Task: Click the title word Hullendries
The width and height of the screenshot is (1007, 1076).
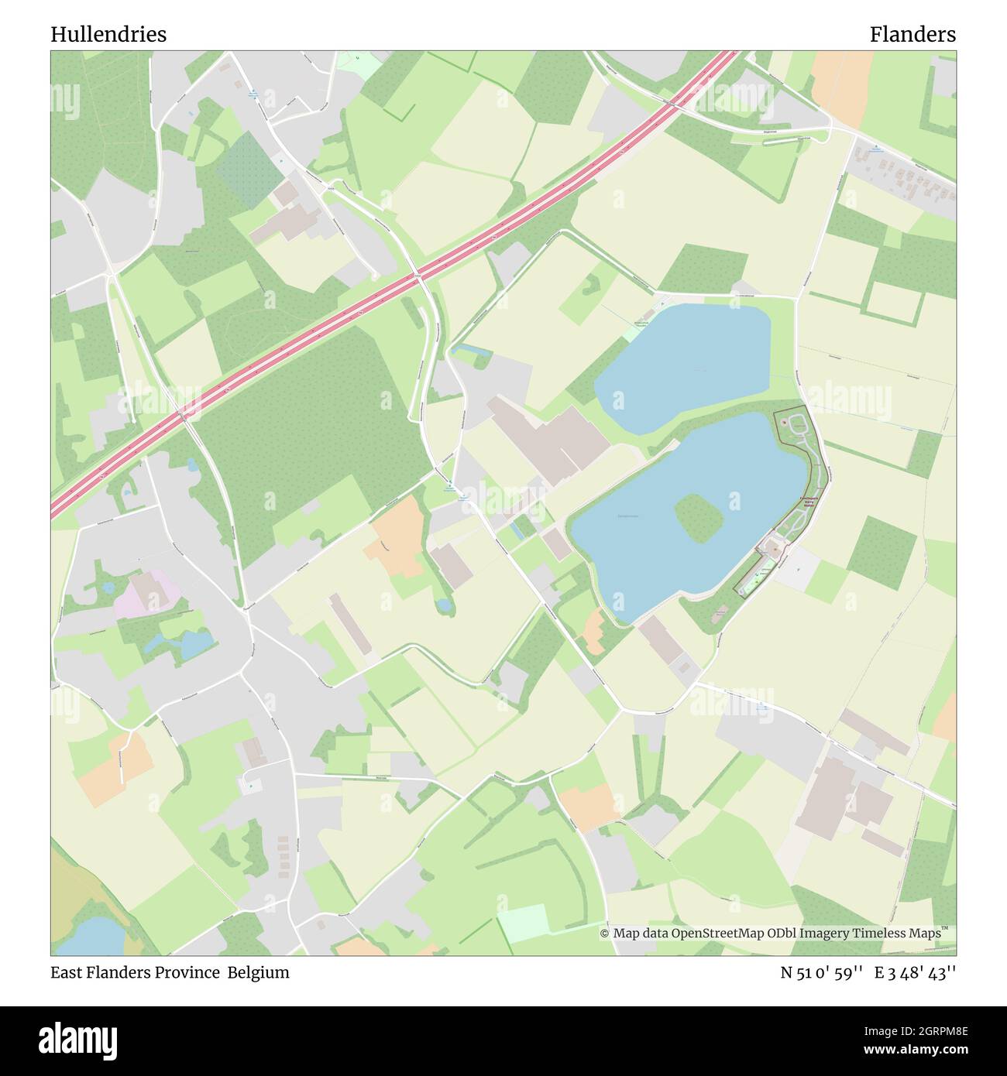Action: pyautogui.click(x=108, y=34)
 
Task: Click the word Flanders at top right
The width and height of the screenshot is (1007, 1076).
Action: pyautogui.click(x=912, y=34)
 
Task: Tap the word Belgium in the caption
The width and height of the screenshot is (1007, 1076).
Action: pyautogui.click(x=258, y=972)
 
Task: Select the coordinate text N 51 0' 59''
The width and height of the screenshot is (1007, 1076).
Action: pyautogui.click(x=822, y=972)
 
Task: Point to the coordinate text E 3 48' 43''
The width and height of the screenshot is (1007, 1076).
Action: pyautogui.click(x=915, y=972)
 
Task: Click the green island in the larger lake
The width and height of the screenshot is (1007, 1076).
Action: pyautogui.click(x=699, y=516)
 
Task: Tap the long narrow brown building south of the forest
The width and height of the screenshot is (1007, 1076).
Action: pyautogui.click(x=349, y=624)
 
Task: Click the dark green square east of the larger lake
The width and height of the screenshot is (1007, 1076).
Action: pyautogui.click(x=882, y=547)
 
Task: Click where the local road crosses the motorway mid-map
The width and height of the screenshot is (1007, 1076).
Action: pyautogui.click(x=418, y=276)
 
